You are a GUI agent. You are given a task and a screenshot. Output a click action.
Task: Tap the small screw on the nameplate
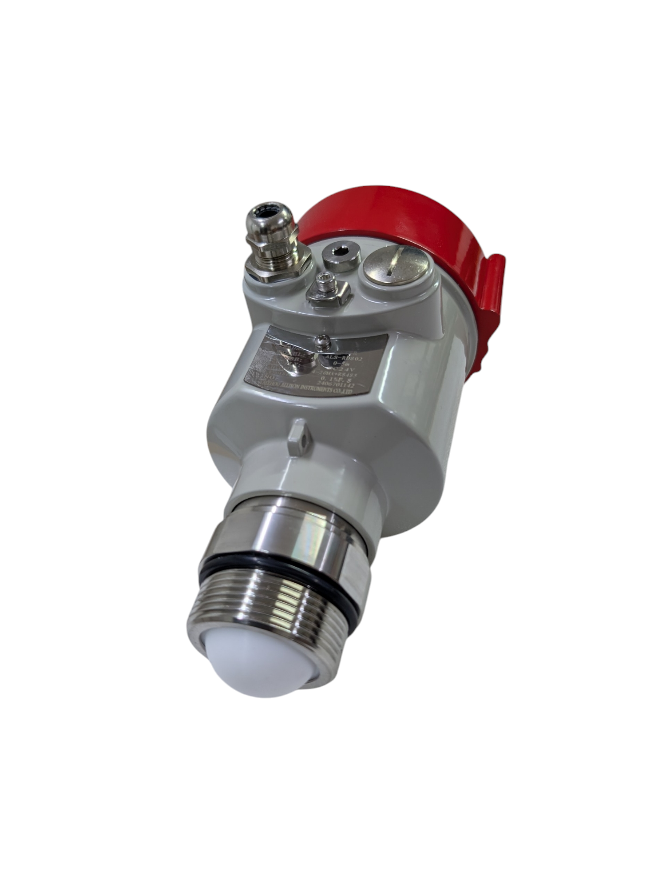point(323,341)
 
